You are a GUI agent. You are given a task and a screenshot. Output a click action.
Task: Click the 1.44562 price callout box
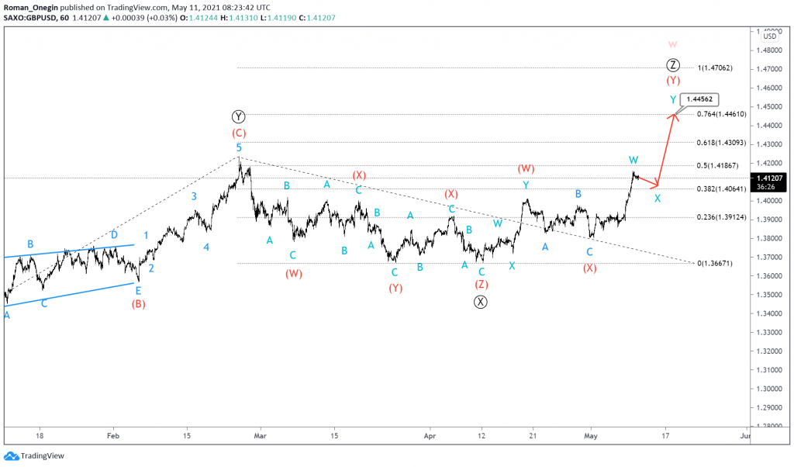point(700,99)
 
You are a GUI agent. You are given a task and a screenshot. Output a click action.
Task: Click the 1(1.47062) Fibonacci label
point(717,68)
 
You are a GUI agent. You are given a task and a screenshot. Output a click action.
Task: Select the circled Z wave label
point(673,64)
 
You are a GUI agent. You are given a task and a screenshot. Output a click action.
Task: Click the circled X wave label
point(481,303)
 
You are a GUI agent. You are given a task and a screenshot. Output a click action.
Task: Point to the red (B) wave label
point(139,303)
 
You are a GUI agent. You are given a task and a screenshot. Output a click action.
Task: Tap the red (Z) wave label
point(482,284)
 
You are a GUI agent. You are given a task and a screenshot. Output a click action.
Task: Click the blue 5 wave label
point(239,147)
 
